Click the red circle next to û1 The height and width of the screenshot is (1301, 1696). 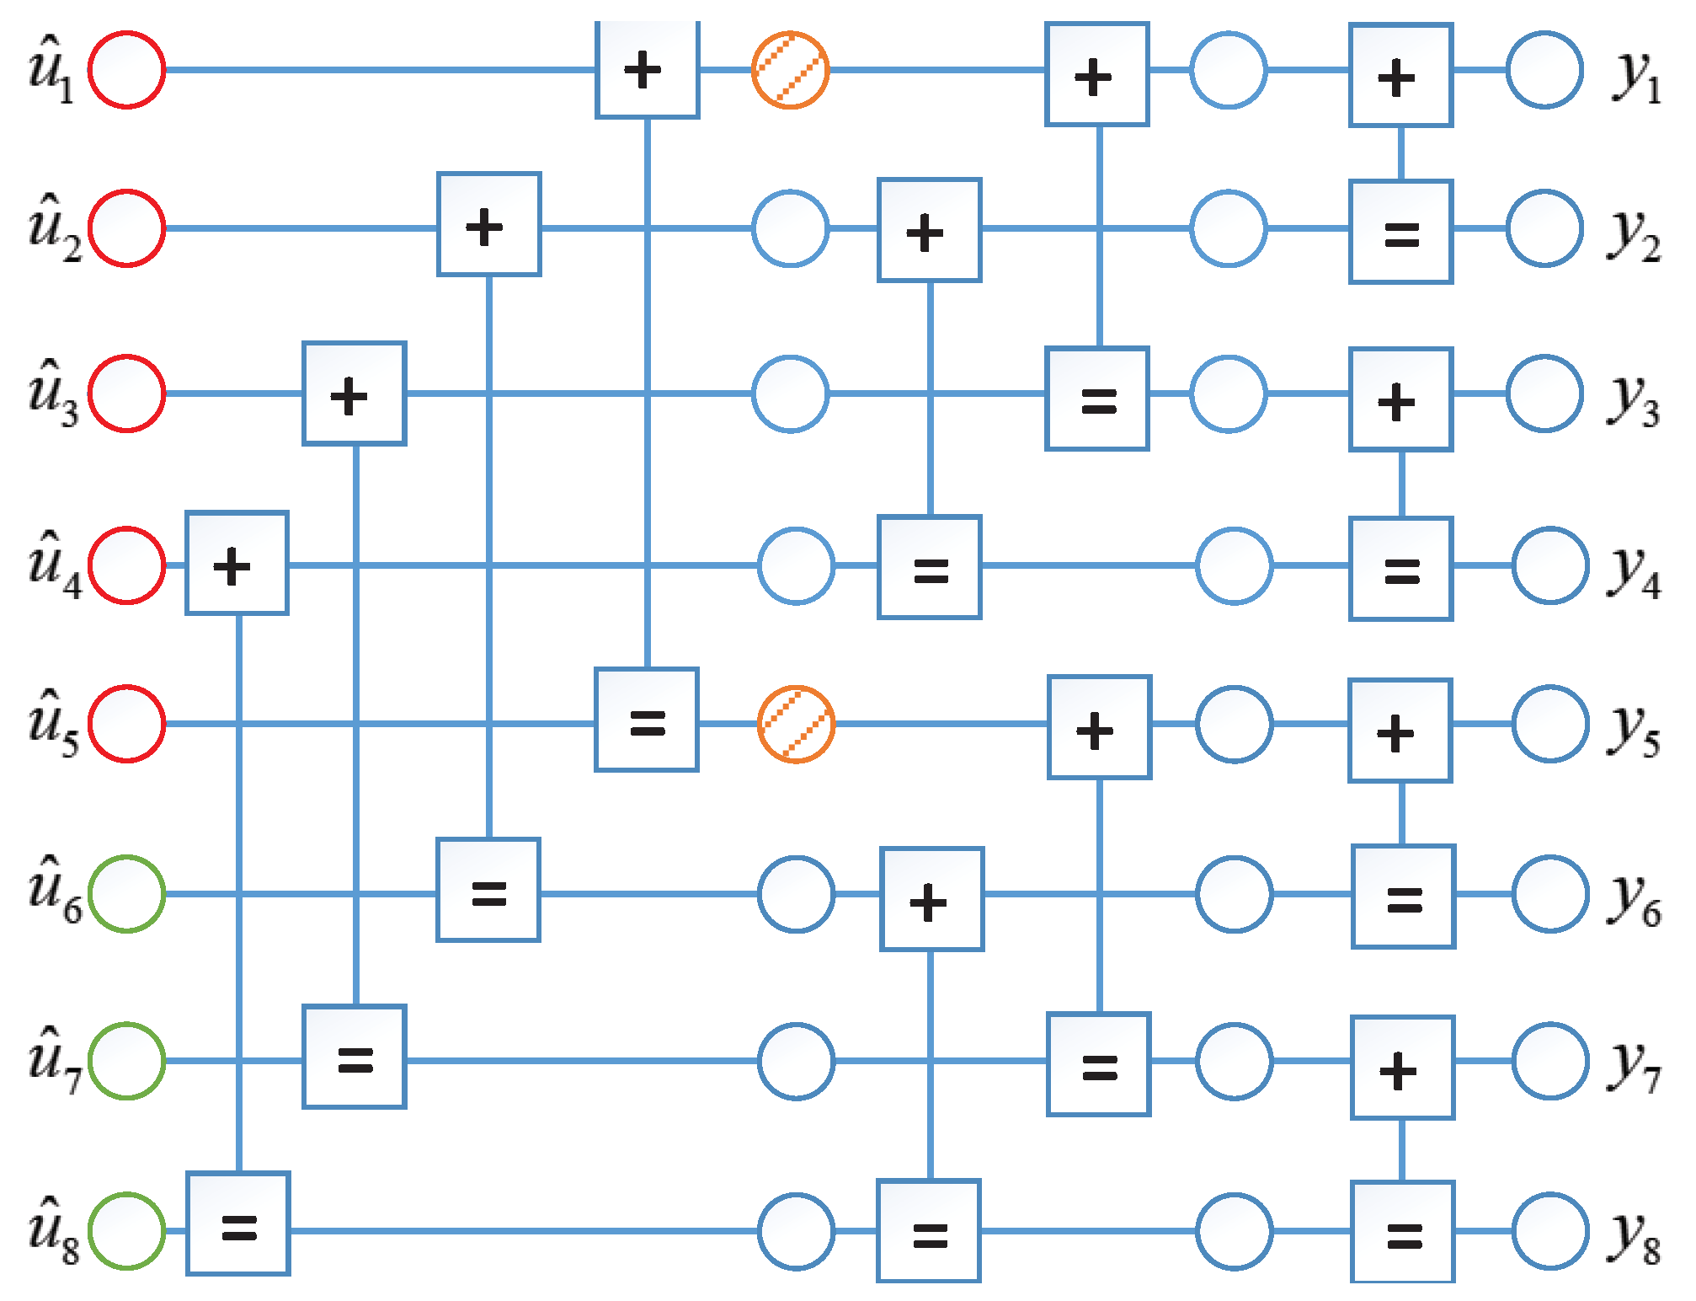tap(127, 70)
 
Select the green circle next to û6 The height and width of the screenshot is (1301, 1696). tap(127, 893)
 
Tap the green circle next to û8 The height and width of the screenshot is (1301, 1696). tap(127, 1230)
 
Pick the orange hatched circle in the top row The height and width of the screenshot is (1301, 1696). tap(790, 70)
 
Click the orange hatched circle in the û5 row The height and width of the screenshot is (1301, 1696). tap(796, 724)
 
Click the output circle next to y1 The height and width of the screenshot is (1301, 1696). tap(1544, 70)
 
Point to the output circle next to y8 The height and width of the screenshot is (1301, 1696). tap(1550, 1230)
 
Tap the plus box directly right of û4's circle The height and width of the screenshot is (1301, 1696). tap(237, 563)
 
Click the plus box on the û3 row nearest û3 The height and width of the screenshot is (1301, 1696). tap(355, 394)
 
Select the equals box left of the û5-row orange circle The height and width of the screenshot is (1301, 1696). tap(647, 720)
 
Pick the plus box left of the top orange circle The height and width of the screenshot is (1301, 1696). tap(648, 70)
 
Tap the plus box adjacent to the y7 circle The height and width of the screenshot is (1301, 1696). tap(1402, 1068)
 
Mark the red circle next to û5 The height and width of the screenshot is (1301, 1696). tap(127, 724)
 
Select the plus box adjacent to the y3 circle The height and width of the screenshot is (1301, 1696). tap(1400, 399)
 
